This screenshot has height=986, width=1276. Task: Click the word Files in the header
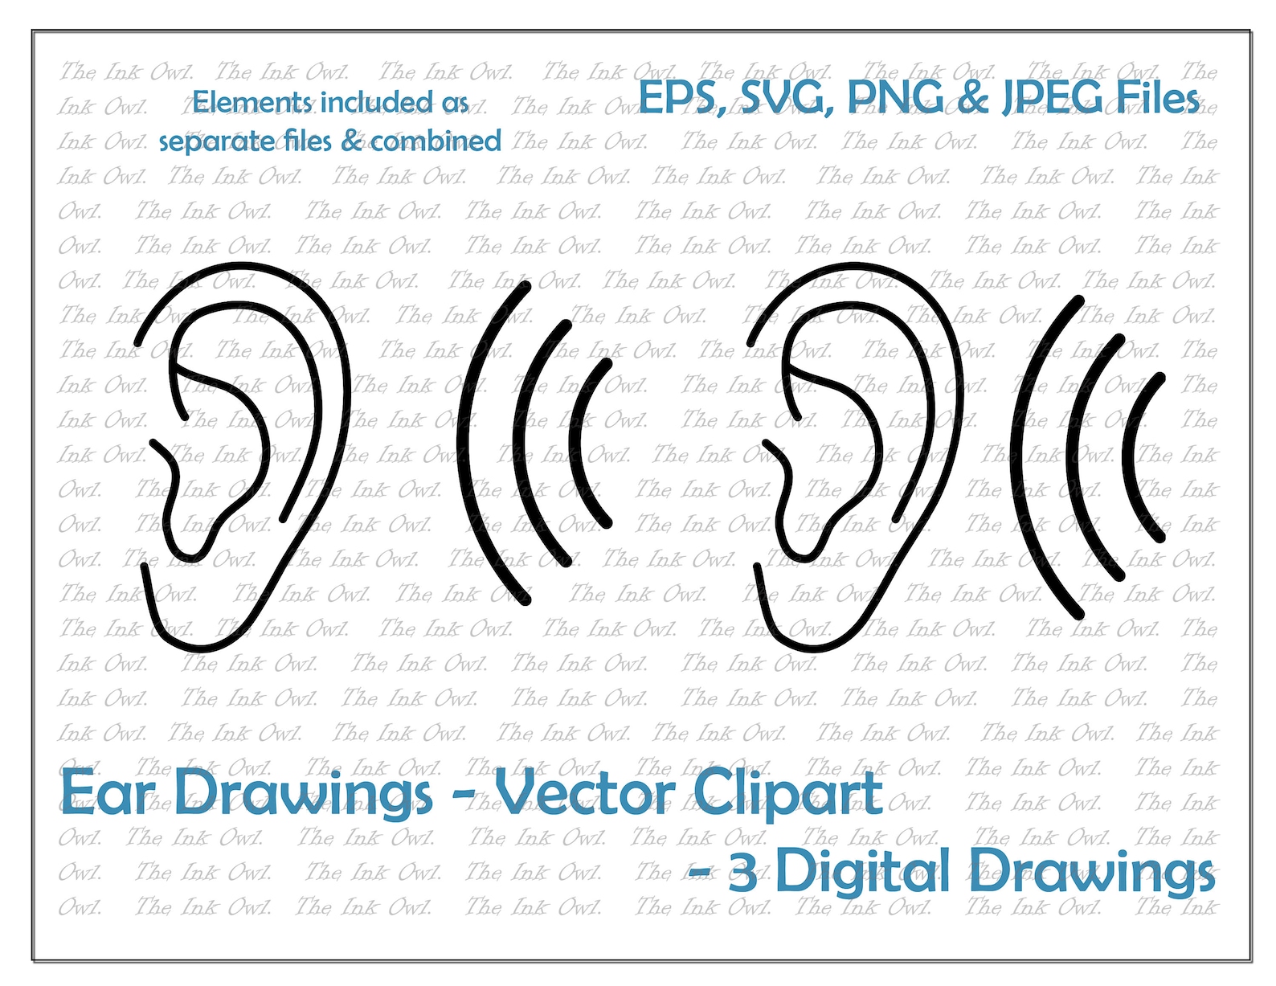click(x=1157, y=99)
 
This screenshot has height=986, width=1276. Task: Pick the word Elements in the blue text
click(x=252, y=103)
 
